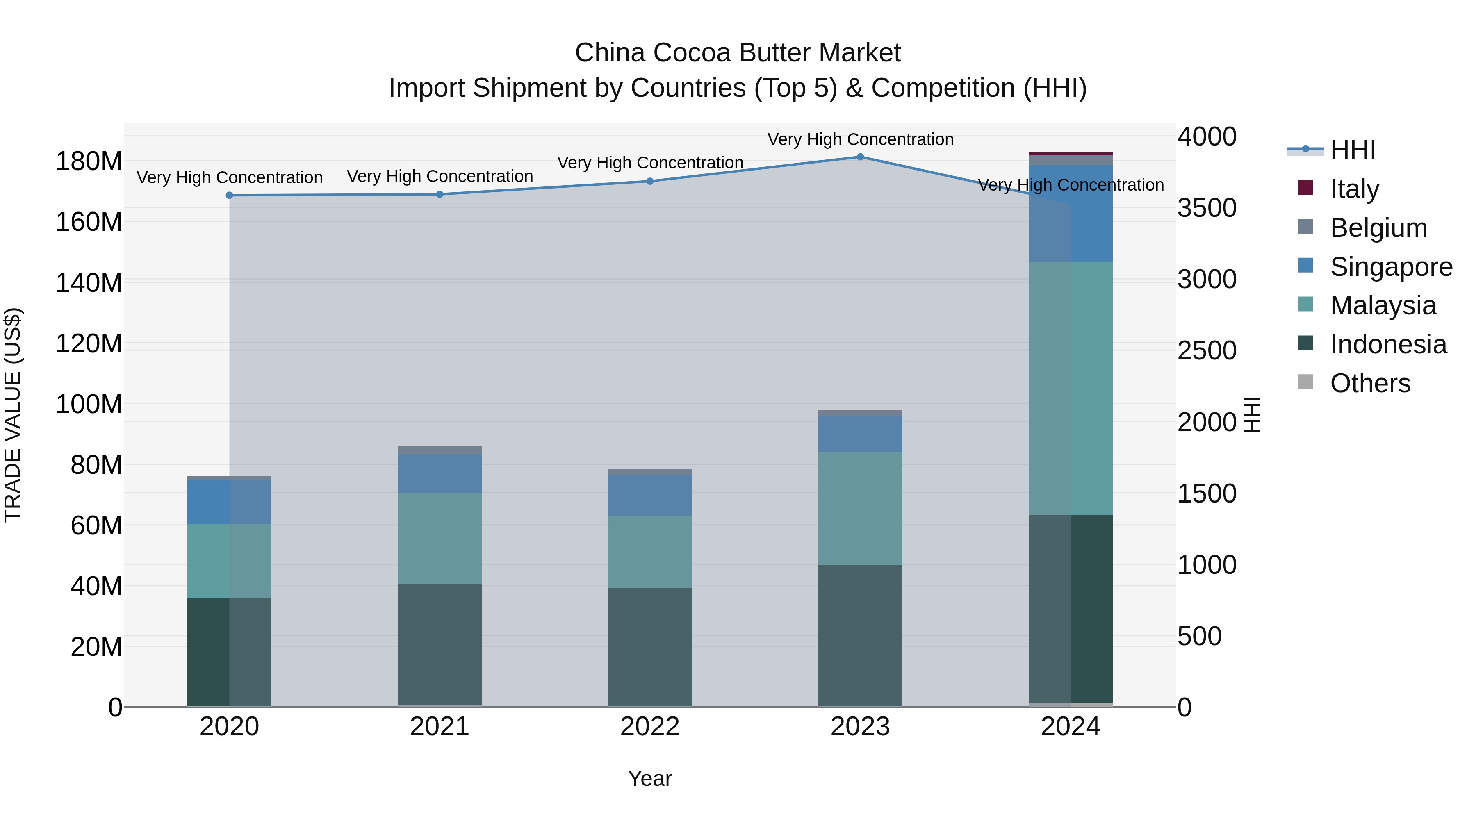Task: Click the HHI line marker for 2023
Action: [860, 157]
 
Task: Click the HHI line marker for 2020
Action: [229, 196]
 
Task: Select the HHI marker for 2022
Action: [650, 182]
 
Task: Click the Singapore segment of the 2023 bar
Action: [860, 434]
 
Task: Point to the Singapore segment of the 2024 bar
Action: [1071, 213]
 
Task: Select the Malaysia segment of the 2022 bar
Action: [650, 552]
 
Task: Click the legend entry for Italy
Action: [1354, 189]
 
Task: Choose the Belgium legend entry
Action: [1378, 228]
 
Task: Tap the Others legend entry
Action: [1369, 383]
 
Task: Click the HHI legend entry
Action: [1352, 150]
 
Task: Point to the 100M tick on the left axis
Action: [89, 405]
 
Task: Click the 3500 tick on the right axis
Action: [1207, 208]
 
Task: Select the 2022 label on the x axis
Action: [650, 727]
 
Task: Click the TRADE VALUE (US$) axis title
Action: [13, 415]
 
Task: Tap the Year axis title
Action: [650, 778]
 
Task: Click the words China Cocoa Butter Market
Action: [738, 53]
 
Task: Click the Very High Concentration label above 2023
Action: [860, 139]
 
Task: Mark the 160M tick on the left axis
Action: [89, 222]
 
